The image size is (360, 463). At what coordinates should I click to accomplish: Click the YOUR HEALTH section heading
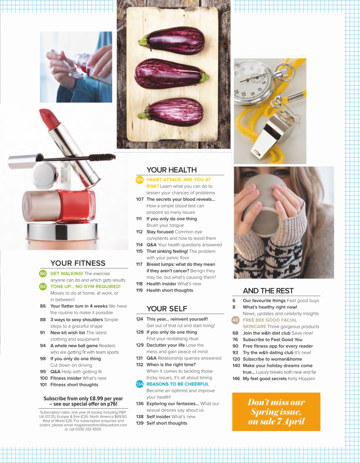[x=171, y=170]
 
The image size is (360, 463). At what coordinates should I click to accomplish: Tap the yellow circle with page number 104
[x=139, y=180]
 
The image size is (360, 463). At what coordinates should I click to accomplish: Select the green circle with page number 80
[x=43, y=273]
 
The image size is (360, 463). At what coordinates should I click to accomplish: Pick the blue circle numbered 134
[x=140, y=384]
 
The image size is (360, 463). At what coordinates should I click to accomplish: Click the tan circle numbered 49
[x=236, y=320]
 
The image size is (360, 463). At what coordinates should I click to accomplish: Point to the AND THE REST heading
[x=268, y=291]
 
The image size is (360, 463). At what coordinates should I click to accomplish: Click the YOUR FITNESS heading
[x=78, y=263]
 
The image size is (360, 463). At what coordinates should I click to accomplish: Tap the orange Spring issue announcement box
[x=276, y=412]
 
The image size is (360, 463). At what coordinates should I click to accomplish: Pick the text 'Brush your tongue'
[x=165, y=225]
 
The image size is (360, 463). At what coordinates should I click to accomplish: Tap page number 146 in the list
[x=236, y=379]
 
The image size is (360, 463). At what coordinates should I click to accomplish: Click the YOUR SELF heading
[x=167, y=309]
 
